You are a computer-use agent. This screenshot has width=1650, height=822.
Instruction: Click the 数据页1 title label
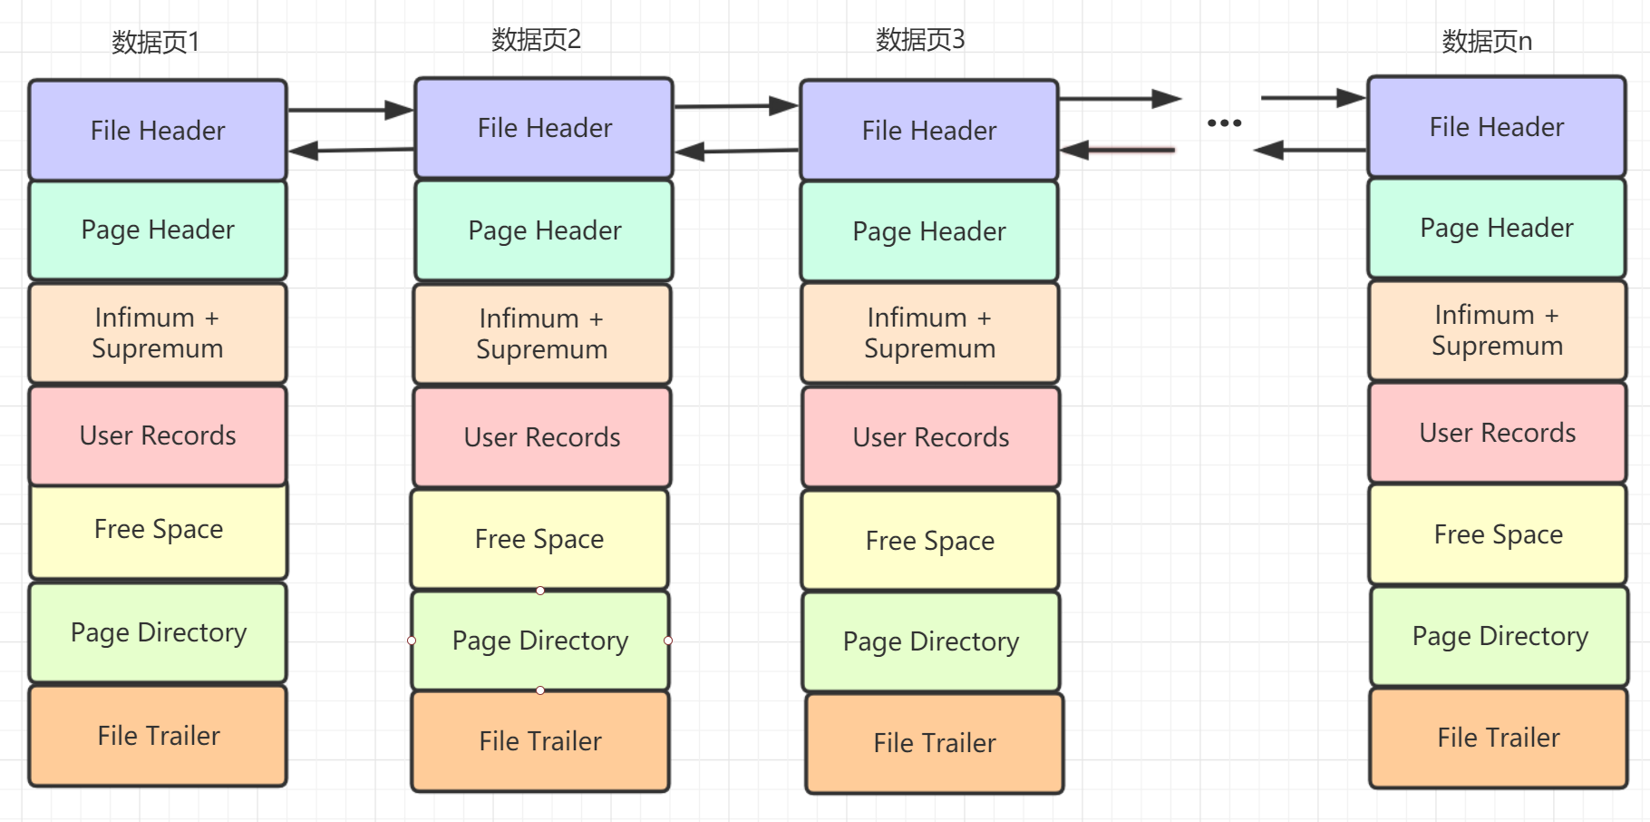[x=155, y=42]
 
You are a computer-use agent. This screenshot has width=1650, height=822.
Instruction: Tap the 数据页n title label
[x=1487, y=41]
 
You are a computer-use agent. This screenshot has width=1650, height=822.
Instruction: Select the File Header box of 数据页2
[x=544, y=128]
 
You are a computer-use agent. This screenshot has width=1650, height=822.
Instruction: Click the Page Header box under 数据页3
[x=929, y=231]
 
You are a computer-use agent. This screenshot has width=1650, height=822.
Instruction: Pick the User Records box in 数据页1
[x=158, y=435]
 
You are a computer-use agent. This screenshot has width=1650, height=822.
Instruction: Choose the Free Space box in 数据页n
[x=1498, y=534]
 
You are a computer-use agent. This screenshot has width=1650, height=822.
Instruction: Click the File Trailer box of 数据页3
[x=934, y=743]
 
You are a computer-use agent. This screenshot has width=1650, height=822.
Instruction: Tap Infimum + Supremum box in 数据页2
[x=542, y=334]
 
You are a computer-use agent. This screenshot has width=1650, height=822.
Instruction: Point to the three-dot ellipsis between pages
[x=1224, y=122]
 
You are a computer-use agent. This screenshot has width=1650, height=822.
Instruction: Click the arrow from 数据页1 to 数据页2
[x=350, y=110]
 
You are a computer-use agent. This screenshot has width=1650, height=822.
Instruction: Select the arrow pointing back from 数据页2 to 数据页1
[x=350, y=150]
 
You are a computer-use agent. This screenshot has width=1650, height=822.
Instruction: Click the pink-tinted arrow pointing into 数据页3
[x=1119, y=150]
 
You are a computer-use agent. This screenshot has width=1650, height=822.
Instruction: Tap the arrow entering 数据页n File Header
[x=1313, y=97]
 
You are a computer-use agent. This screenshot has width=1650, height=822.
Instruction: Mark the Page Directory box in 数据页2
[x=540, y=641]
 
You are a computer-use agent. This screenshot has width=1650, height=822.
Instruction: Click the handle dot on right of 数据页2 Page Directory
[x=668, y=641]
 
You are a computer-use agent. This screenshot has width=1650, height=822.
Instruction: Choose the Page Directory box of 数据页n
[x=1500, y=636]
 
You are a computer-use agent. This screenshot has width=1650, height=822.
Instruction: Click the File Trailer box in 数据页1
[x=158, y=736]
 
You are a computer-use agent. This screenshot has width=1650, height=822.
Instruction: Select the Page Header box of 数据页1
[x=158, y=230]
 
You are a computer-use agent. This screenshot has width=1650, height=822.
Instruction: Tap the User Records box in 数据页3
[x=930, y=437]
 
